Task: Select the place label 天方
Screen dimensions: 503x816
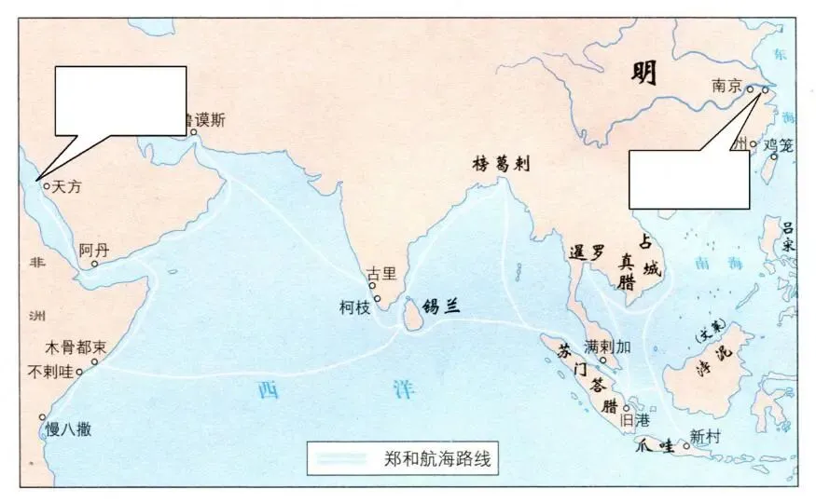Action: [68, 186]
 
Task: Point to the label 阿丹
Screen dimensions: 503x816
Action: [93, 250]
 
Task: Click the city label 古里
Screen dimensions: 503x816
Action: [380, 274]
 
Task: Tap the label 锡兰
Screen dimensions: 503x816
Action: [442, 306]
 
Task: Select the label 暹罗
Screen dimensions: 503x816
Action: [587, 251]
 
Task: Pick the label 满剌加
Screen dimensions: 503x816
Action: [608, 347]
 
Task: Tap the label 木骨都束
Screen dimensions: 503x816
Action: [76, 348]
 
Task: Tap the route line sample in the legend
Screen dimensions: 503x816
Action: [344, 457]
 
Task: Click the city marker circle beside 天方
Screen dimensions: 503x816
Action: [46, 185]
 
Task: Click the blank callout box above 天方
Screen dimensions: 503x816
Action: [121, 101]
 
